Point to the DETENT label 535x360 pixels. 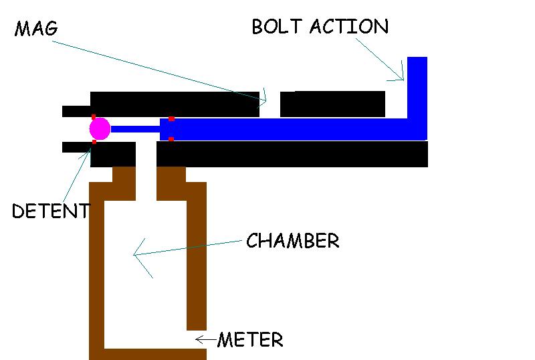[50, 211]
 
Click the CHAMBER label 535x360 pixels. [293, 241]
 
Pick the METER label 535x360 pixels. [250, 340]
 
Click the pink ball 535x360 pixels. [100, 128]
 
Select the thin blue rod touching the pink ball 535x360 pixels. [134, 128]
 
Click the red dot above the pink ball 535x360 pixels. [94, 117]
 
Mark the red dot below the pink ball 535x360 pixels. [94, 141]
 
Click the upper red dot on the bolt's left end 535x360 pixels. [171, 118]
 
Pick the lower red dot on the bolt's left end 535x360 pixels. [171, 139]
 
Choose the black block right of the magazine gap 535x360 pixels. [332, 104]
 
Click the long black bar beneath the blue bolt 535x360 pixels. [292, 154]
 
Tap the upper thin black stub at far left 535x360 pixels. [76, 111]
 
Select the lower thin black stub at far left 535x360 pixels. [76, 147]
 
